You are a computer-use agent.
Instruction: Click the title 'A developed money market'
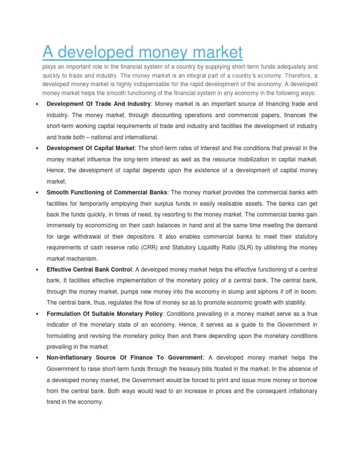coord(143,52)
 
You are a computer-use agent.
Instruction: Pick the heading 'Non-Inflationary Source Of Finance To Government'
coord(125,358)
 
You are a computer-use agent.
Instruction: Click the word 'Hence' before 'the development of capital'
coord(55,170)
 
